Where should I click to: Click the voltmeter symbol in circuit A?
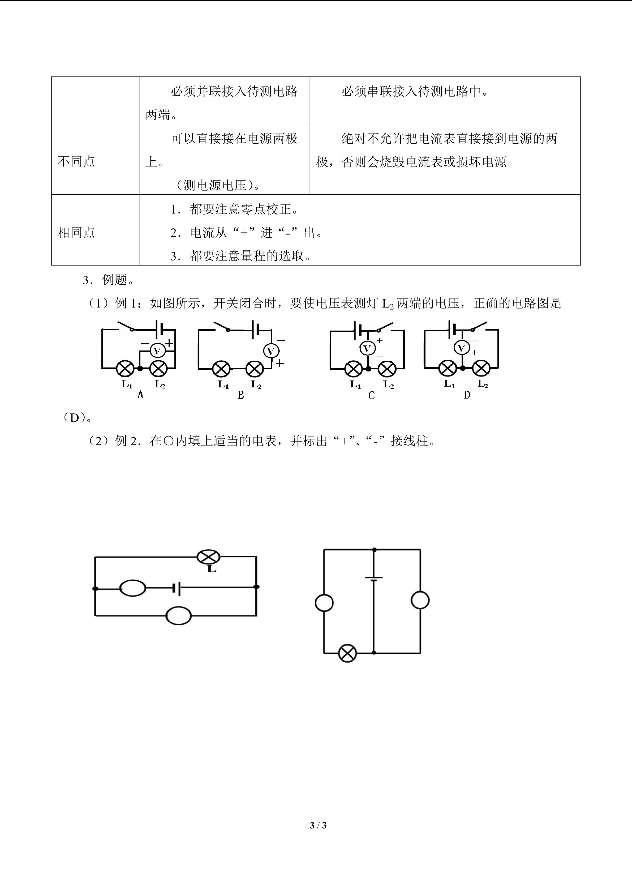coord(158,351)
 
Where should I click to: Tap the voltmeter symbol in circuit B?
coord(271,351)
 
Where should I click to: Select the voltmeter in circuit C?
coord(367,348)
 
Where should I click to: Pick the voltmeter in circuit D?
coord(462,347)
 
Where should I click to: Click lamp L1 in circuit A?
coord(125,368)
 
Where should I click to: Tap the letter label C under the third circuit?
coord(371,395)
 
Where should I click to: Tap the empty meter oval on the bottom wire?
coord(179,616)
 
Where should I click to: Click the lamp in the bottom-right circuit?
coord(347,653)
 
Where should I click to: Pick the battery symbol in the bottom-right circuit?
coord(373,579)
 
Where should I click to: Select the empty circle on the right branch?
coord(420,600)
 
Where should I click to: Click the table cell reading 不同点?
coord(76,161)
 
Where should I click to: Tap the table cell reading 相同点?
coord(76,232)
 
